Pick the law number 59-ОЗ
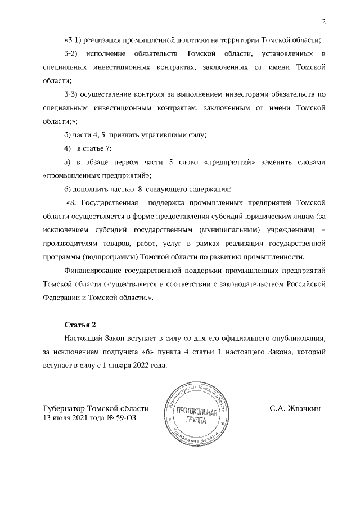click(x=125, y=418)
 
